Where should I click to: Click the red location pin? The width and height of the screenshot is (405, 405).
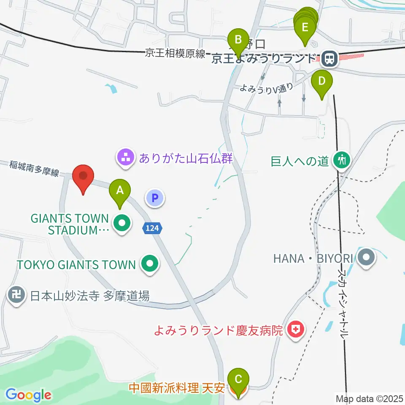(83, 178)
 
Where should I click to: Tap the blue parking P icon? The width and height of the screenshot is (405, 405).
(155, 197)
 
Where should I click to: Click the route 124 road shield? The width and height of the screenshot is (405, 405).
(152, 228)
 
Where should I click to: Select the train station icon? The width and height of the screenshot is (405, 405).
(328, 59)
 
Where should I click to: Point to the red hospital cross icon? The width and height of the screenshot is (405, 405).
(296, 330)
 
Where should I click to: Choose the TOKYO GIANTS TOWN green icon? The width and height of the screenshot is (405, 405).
(149, 265)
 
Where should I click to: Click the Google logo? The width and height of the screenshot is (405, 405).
(28, 395)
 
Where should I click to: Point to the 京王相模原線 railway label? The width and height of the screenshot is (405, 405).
(175, 54)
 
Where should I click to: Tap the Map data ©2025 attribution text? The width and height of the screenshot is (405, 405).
(368, 398)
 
